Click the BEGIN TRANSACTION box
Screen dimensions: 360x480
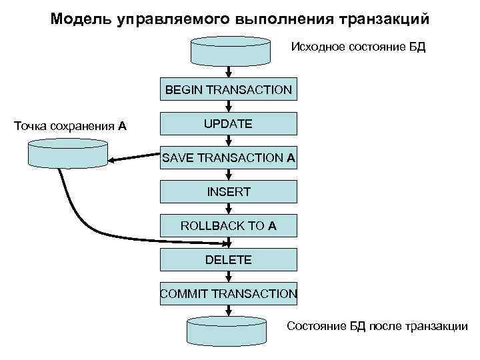click(229, 89)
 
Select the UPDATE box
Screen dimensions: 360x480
click(229, 124)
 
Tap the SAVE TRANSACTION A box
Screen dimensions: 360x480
click(229, 158)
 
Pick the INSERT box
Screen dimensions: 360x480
click(229, 192)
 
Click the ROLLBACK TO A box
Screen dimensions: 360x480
click(229, 226)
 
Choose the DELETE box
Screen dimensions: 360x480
click(229, 260)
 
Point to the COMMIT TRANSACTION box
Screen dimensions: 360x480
click(229, 293)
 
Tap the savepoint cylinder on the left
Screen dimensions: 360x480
click(68, 153)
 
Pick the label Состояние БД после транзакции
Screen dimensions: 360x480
click(377, 326)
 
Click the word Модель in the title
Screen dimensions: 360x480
click(79, 19)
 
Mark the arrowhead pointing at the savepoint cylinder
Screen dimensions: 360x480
click(116, 160)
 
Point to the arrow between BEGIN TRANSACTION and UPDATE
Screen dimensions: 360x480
click(229, 107)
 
